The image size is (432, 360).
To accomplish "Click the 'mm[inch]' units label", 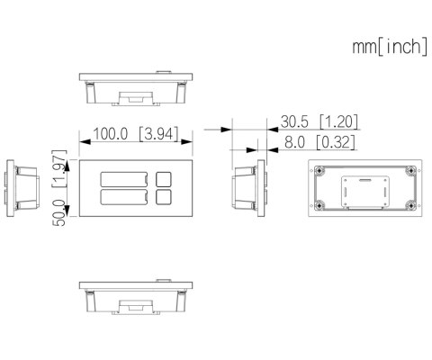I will point(389,47).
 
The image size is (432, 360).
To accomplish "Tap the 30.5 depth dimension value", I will point(294,121).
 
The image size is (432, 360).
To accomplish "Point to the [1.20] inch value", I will point(338,121).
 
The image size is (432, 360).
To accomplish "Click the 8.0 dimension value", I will point(294,141).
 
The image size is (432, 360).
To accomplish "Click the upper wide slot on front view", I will point(124,179).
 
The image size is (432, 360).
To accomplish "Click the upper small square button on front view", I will point(163,179).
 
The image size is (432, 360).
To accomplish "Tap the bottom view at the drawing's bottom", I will point(137,297).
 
